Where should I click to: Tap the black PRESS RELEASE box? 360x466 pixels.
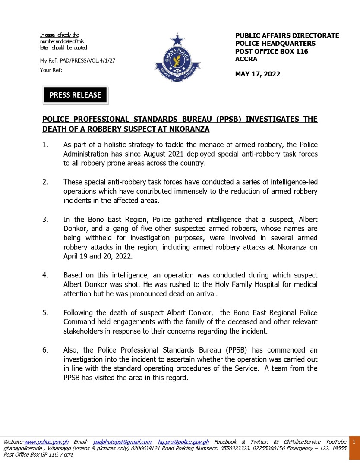coord(75,95)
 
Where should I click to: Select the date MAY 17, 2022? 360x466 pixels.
coord(258,74)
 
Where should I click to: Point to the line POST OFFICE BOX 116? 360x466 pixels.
coord(272,51)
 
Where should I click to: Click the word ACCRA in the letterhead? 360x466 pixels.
coord(246,59)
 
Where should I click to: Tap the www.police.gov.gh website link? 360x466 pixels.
coord(47,442)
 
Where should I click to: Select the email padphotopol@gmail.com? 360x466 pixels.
coord(122,442)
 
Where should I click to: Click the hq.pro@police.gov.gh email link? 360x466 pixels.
coord(183,442)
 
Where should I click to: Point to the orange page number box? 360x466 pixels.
coord(354,443)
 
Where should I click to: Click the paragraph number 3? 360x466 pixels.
coord(45,220)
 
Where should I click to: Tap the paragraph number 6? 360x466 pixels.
coord(45,350)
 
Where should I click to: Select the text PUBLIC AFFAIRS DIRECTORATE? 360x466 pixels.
coord(287,36)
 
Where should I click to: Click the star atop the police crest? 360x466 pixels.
coord(177,40)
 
